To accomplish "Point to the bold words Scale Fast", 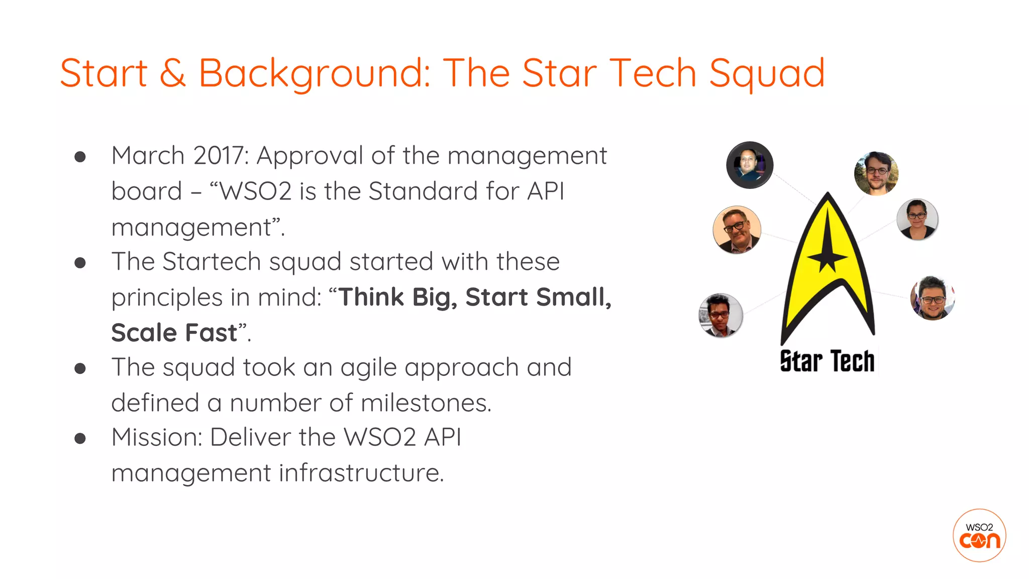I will tap(174, 333).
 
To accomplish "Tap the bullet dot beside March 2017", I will tap(80, 157).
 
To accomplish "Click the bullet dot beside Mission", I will tap(80, 438).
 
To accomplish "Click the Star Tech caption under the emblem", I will tap(827, 361).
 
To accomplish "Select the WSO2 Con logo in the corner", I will tap(979, 535).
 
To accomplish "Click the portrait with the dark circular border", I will tap(750, 165).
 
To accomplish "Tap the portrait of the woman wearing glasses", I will tap(917, 220).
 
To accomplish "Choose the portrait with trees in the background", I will tap(876, 173).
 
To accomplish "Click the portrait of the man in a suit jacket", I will tap(737, 230).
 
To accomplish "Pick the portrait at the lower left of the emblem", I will tap(721, 316).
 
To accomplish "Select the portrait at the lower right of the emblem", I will tap(933, 298).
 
